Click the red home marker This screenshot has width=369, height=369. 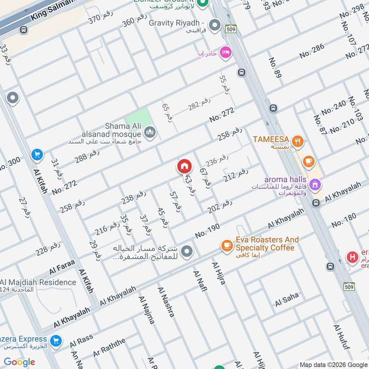point(184,166)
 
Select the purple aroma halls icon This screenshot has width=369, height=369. point(315,184)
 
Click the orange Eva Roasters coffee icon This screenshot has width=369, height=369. point(226,245)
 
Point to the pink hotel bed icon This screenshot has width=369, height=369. point(225,53)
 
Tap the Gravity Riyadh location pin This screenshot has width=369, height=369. point(214,25)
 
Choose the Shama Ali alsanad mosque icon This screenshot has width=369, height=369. point(150,133)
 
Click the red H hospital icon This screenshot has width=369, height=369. point(353,257)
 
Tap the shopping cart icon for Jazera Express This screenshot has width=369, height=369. point(56,341)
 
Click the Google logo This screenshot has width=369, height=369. point(19,362)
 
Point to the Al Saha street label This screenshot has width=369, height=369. point(287,300)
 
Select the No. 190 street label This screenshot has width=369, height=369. point(208,230)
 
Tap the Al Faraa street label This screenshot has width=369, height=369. point(62,270)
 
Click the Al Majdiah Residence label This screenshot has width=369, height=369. point(39,282)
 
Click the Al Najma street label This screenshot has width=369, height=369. point(146,309)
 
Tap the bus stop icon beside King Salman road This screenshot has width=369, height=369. point(23,30)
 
